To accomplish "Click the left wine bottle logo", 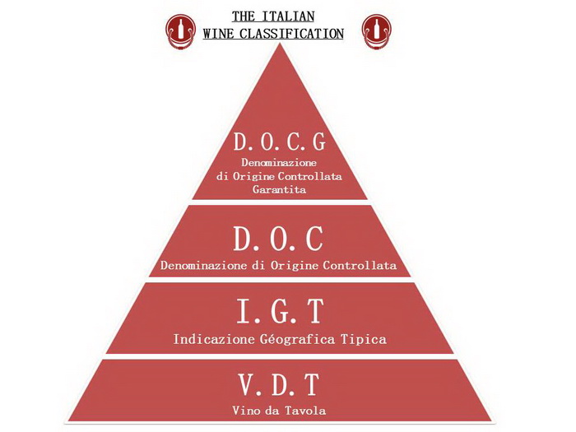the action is (180, 31).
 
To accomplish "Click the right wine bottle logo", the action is (377, 31).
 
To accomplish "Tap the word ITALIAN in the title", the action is (288, 16).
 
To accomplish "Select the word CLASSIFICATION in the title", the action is (291, 34).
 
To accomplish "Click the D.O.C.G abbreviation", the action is (280, 142).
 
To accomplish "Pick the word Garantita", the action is (279, 189).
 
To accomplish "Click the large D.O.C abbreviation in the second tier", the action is (278, 239).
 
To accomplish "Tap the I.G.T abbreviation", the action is (281, 311).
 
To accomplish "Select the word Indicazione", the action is (214, 339).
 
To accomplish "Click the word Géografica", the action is (298, 339).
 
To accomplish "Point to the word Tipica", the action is (364, 339).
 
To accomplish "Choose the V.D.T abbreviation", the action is (278, 384).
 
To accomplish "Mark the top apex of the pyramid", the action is (281, 43).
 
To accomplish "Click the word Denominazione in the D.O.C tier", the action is (203, 265).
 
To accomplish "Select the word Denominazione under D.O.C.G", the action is (279, 162).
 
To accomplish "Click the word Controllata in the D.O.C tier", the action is (360, 265).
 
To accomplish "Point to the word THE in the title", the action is (244, 16).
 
